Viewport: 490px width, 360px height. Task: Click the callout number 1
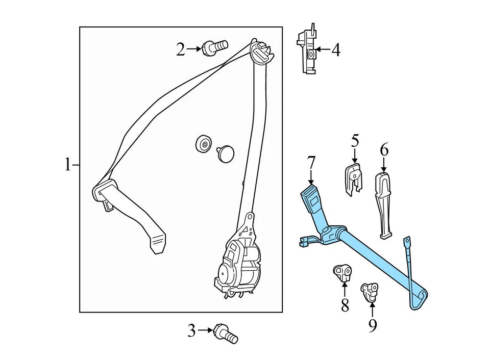tap(67, 165)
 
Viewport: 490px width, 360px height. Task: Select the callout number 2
tap(180, 49)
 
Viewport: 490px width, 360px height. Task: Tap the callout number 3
tap(191, 331)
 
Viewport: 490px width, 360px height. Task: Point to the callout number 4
tap(335, 50)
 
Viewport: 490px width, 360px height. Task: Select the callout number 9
tap(373, 324)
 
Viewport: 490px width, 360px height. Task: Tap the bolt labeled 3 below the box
tap(225, 333)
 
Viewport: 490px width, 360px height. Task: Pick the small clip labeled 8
tap(341, 272)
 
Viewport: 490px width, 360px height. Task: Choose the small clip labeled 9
tap(369, 291)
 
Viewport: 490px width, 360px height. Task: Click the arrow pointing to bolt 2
tap(194, 49)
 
